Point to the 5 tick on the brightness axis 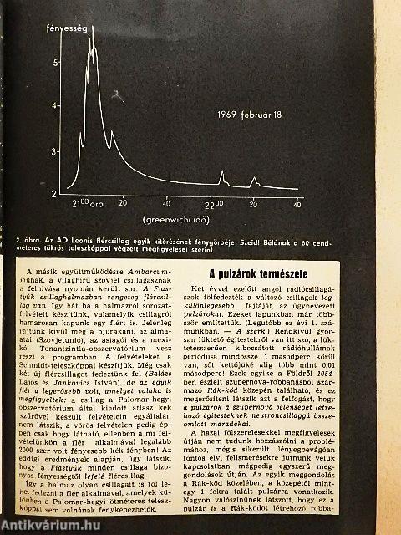tap(56, 62)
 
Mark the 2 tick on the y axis tap(56, 192)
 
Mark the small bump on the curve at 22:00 tap(221, 177)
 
